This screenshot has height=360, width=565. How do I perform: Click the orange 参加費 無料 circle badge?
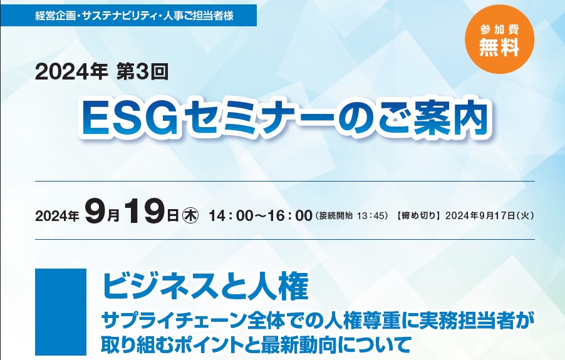coord(499,39)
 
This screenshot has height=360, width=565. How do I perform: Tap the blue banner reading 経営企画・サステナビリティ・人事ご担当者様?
coord(128,16)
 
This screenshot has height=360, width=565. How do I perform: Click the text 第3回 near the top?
coord(143,72)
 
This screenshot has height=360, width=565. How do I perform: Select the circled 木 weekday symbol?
coord(191,215)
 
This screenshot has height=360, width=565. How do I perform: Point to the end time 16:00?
coord(291,215)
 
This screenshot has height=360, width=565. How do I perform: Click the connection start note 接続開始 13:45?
coord(351,216)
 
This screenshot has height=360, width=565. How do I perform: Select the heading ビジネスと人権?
coord(205,287)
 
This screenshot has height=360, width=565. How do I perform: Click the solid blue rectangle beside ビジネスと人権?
coord(61,312)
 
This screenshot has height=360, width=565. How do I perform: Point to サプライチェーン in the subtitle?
coord(168,321)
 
